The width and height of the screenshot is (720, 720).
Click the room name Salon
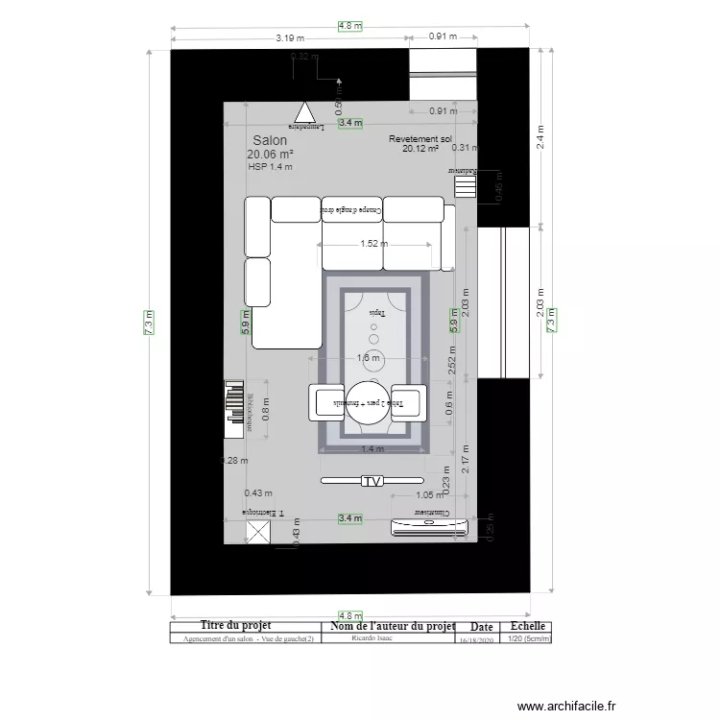[x=269, y=140]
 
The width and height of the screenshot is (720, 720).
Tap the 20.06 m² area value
[x=269, y=154]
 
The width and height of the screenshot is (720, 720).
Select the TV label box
[x=372, y=480]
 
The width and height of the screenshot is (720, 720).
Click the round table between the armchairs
[x=368, y=402]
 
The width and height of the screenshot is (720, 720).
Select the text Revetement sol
[x=420, y=139]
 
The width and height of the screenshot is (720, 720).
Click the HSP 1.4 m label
[x=270, y=167]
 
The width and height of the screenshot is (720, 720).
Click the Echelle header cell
[x=527, y=626]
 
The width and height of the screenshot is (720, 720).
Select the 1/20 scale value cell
[x=527, y=637]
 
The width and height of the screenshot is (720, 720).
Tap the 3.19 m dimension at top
[x=290, y=38]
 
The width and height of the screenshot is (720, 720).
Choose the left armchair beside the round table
[x=325, y=401]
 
